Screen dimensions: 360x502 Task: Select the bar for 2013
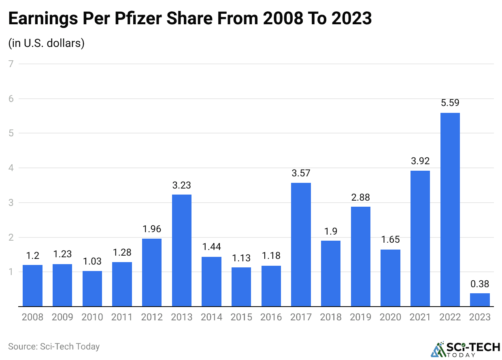pyautogui.click(x=182, y=250)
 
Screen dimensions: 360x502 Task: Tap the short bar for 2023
pyautogui.click(x=480, y=300)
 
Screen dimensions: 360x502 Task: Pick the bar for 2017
pyautogui.click(x=301, y=245)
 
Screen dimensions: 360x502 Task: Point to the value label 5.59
pyautogui.click(x=450, y=103)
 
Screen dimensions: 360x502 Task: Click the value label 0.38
pyautogui.click(x=480, y=284)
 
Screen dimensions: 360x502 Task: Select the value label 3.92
pyautogui.click(x=420, y=161)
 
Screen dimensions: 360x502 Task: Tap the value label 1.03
pyautogui.click(x=92, y=261)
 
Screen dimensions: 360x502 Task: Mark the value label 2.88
pyautogui.click(x=360, y=197)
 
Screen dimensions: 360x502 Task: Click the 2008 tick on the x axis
pyautogui.click(x=32, y=317)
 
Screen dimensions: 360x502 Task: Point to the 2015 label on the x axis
pyautogui.click(x=241, y=317)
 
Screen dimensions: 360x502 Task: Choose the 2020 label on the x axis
pyautogui.click(x=390, y=317)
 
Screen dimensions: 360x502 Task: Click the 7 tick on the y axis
pyautogui.click(x=11, y=64)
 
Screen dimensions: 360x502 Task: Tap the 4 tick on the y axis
pyautogui.click(x=11, y=167)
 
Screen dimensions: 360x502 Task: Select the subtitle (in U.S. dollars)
pyautogui.click(x=47, y=43)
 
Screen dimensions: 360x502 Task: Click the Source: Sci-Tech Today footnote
pyautogui.click(x=54, y=347)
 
